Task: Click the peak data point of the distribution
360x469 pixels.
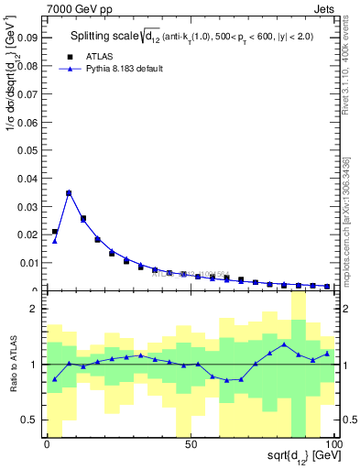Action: [69, 193]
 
